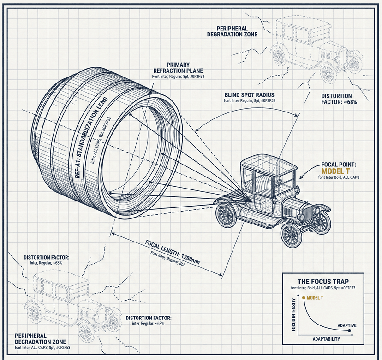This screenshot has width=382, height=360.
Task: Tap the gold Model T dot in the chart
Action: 304,298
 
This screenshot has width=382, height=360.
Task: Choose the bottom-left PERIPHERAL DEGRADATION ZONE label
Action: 37,339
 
